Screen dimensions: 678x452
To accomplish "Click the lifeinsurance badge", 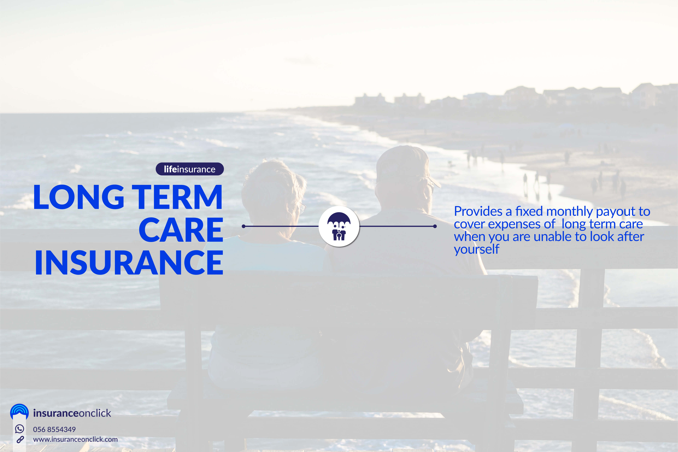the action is [x=190, y=169].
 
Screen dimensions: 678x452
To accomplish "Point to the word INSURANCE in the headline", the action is [x=129, y=263].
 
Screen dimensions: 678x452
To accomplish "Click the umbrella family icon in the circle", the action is [x=339, y=226].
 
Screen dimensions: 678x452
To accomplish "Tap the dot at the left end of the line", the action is [x=243, y=226].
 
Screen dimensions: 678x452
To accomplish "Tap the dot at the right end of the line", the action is [x=435, y=226].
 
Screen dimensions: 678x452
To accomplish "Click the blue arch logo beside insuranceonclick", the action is [x=19, y=412].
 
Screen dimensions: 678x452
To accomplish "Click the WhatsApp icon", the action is [x=19, y=429].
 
